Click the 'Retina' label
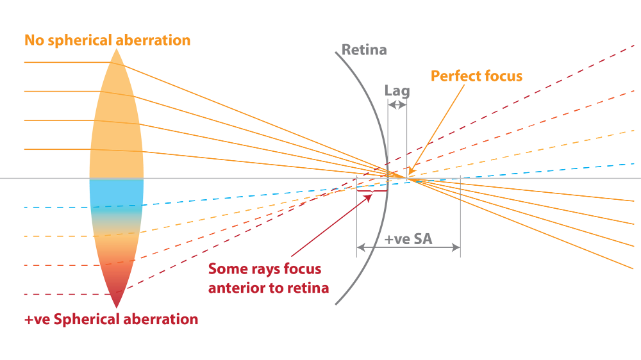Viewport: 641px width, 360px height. click(x=364, y=50)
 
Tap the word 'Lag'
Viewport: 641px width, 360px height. click(x=397, y=91)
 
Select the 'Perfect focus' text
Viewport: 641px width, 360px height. click(x=477, y=76)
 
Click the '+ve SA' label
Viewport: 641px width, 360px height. click(x=408, y=239)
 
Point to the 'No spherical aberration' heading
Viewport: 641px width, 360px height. click(x=108, y=40)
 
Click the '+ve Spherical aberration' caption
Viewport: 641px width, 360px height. click(x=111, y=319)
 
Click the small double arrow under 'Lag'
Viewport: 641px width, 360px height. click(x=397, y=105)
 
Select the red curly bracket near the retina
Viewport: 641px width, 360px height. click(x=372, y=190)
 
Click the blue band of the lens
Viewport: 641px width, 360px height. click(x=117, y=194)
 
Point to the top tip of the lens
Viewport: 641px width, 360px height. click(x=117, y=49)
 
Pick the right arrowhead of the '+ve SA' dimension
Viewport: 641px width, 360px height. click(x=456, y=247)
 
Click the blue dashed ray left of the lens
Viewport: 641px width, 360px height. click(x=57, y=208)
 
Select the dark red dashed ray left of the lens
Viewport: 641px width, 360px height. click(x=66, y=294)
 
